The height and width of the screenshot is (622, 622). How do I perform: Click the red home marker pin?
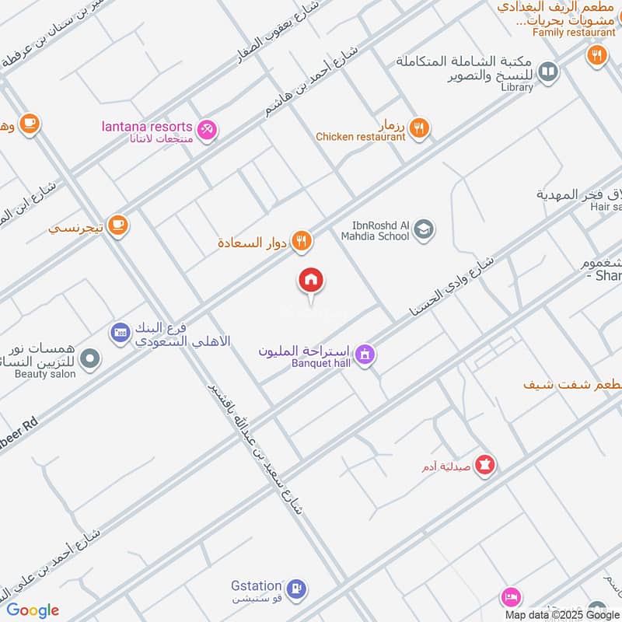click(x=311, y=281)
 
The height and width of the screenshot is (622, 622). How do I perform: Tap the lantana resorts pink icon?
click(x=207, y=129)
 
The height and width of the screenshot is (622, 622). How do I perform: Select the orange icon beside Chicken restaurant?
click(x=419, y=128)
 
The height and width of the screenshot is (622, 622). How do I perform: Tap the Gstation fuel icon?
click(x=295, y=589)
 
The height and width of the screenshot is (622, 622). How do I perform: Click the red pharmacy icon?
click(x=486, y=465)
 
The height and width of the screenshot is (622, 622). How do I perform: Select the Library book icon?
click(x=548, y=72)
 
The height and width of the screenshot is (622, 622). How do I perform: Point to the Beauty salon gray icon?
click(x=91, y=358)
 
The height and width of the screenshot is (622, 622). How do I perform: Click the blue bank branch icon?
click(x=119, y=333)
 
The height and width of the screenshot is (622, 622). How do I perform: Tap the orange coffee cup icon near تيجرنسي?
click(x=118, y=225)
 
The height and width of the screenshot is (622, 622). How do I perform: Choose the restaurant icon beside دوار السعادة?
click(x=302, y=242)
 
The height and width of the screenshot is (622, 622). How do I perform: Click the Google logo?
click(x=33, y=610)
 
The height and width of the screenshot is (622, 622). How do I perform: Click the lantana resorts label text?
click(x=147, y=127)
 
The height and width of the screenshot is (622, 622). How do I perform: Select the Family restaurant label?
click(x=574, y=33)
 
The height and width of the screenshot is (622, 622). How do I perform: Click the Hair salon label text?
click(x=606, y=207)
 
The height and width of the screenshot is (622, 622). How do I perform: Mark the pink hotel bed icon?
click(x=511, y=597)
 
